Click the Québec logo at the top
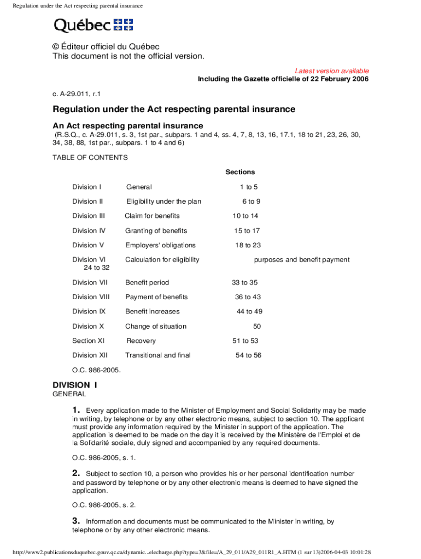point(93,25)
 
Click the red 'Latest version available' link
point(332,71)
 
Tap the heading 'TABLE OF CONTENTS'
point(90,158)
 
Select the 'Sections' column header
point(240,172)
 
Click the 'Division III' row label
point(89,216)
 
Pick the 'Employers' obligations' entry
point(160,245)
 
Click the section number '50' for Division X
point(257,326)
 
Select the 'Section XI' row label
point(88,341)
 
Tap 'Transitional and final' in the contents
point(158,355)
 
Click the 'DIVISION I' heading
point(74,385)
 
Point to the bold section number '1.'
point(77,410)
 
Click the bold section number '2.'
point(77,473)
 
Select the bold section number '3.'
point(77,521)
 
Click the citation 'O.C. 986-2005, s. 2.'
point(104,505)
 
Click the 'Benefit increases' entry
point(152,312)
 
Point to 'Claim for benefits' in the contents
point(152,216)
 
